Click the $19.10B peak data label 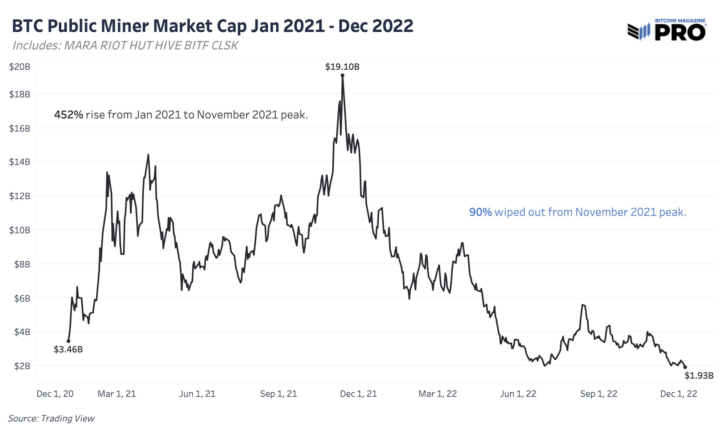(x=342, y=67)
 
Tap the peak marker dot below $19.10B (x=342, y=76)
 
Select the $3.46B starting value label (x=68, y=350)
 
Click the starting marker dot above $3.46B (x=68, y=341)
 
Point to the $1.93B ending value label (x=699, y=376)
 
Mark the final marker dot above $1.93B (x=685, y=367)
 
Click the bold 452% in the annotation (x=69, y=115)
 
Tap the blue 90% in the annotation (x=480, y=212)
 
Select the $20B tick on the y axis (x=20, y=67)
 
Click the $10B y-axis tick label (x=20, y=230)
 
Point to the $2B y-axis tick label (x=22, y=366)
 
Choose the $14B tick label (x=20, y=162)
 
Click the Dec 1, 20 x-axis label (x=55, y=394)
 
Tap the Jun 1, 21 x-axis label (x=197, y=394)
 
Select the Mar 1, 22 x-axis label (x=437, y=394)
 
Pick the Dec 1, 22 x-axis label (x=678, y=394)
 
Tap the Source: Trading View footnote (x=51, y=419)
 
